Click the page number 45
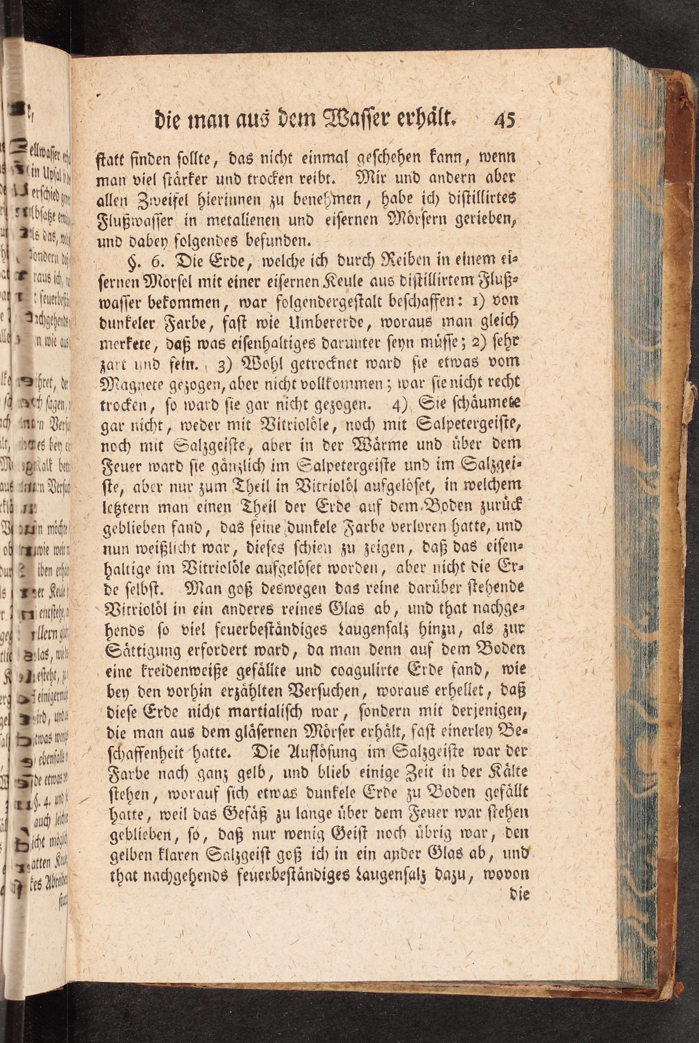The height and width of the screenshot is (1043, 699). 504,121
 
